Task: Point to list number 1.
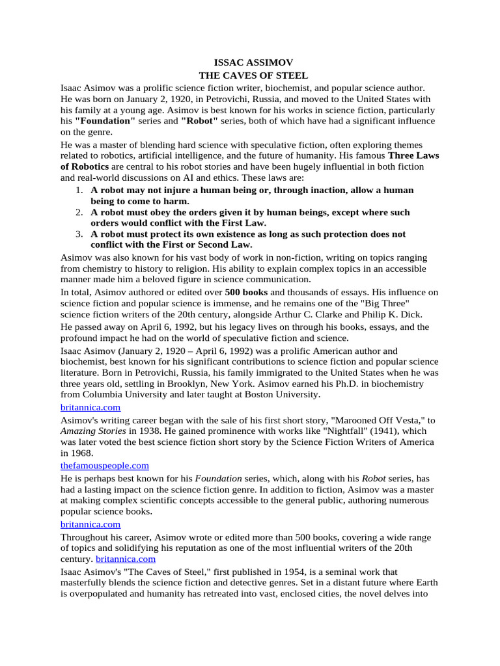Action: tap(77, 190)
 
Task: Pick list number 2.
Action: tap(77, 212)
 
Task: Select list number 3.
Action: tap(77, 233)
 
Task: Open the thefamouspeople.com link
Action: tap(105, 465)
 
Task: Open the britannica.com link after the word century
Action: tap(126, 558)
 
